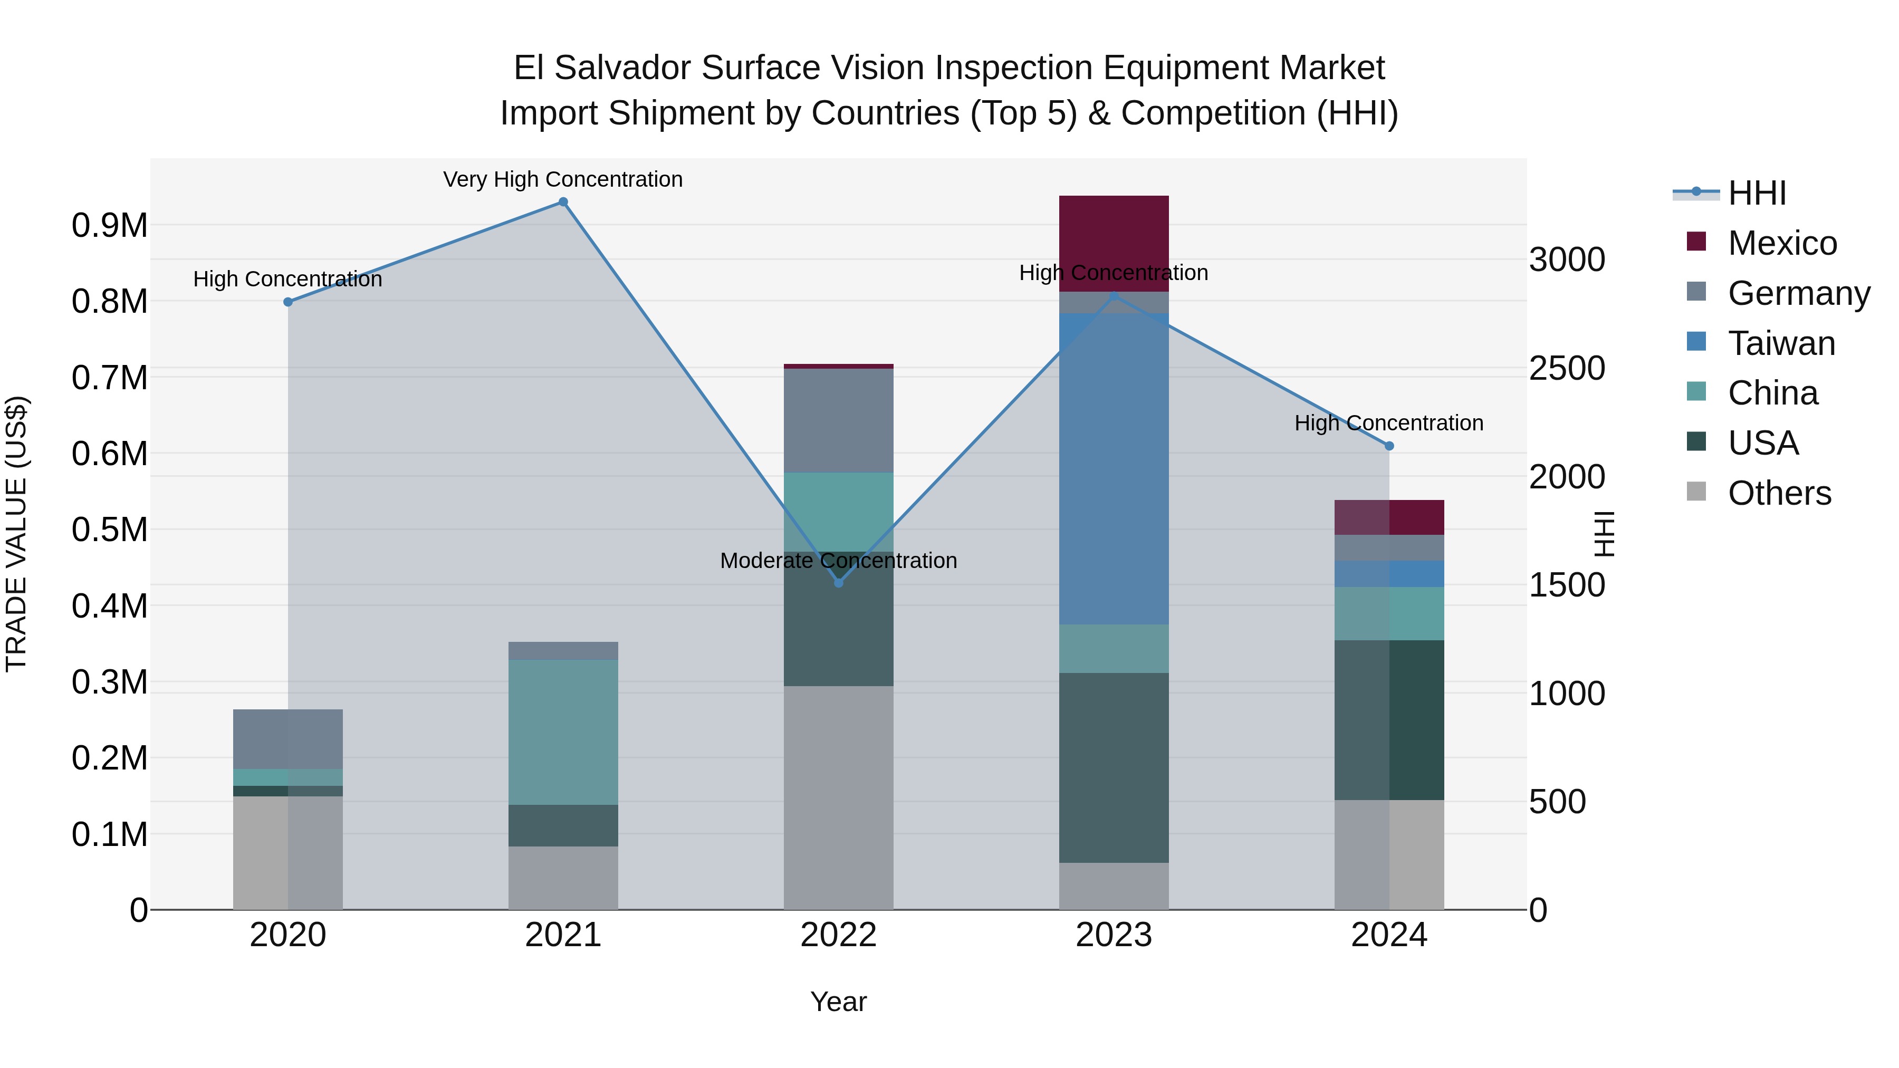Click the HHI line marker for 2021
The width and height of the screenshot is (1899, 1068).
[563, 202]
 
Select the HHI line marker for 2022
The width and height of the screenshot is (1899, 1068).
[838, 583]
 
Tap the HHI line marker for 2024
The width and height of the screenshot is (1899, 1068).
[1389, 446]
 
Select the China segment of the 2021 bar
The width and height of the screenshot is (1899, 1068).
[563, 732]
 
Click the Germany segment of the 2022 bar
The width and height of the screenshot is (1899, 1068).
[838, 420]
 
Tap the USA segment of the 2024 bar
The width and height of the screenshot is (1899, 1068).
[1389, 720]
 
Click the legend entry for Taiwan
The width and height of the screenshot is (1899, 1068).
[1781, 343]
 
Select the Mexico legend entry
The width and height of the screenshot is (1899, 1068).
[1782, 243]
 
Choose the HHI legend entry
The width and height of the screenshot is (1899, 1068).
[1757, 193]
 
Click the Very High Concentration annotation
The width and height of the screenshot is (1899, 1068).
[563, 179]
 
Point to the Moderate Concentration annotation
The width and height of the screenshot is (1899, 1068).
[838, 561]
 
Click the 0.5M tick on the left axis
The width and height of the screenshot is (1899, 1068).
[109, 530]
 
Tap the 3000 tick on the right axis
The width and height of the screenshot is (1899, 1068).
[1567, 259]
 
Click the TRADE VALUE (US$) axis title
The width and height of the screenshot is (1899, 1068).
[17, 534]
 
